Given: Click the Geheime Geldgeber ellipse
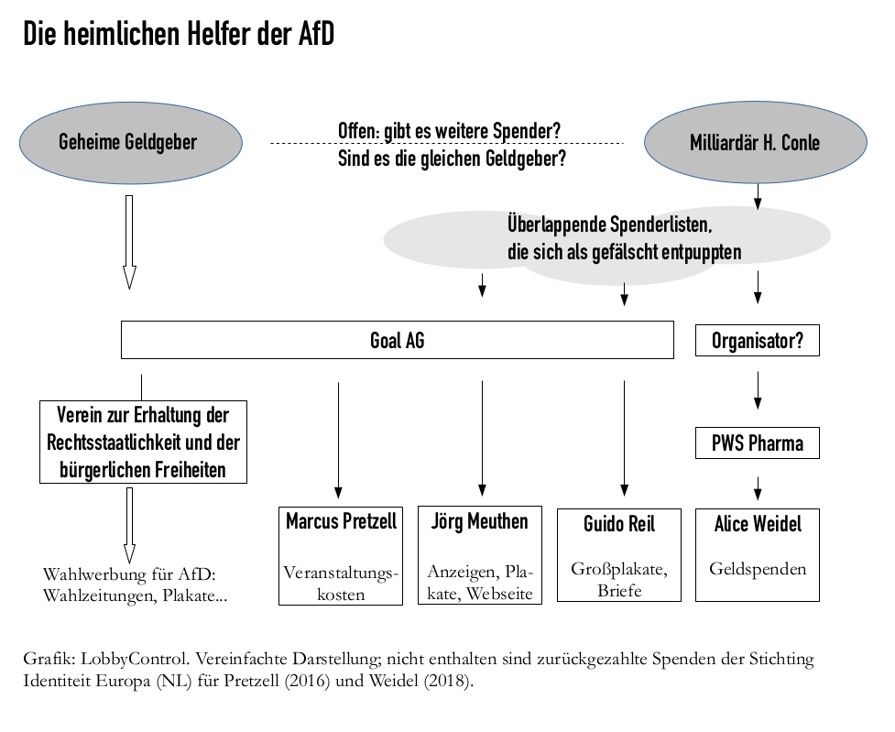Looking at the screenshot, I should (x=131, y=143).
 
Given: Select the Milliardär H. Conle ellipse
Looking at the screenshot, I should (x=755, y=143).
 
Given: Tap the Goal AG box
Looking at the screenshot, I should (x=397, y=341).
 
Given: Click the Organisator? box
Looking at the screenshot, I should (x=757, y=341).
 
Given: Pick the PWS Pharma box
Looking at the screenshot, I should (x=757, y=443).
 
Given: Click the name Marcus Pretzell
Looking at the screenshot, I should (x=341, y=522).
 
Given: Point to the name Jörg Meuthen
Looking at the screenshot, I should (x=479, y=522).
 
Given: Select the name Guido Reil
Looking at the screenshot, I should (x=619, y=525).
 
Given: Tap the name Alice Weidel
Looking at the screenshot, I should (x=757, y=524).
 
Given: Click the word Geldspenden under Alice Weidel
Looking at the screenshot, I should (x=758, y=569).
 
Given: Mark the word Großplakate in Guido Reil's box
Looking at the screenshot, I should (x=619, y=569).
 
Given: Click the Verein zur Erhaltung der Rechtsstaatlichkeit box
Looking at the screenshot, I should (x=143, y=442).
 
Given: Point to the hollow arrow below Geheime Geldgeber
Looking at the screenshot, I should (x=129, y=241).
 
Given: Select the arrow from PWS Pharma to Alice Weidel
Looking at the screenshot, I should (x=758, y=487).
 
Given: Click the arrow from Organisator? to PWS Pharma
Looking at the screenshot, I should (x=758, y=389).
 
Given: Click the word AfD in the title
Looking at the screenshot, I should (x=316, y=34).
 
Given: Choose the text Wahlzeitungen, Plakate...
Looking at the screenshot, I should (x=135, y=596).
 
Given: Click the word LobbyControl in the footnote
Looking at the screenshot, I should (x=125, y=659).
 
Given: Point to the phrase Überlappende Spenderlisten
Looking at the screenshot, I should (x=608, y=224).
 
